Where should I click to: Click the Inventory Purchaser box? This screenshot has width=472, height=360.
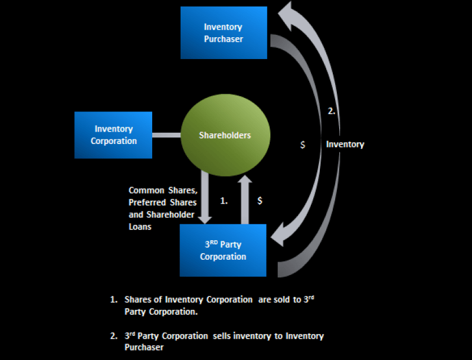(x=224, y=33)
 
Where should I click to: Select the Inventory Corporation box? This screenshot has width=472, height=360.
(x=113, y=135)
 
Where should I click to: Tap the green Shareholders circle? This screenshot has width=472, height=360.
(x=225, y=135)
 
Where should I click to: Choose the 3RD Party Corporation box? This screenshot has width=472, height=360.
(x=223, y=251)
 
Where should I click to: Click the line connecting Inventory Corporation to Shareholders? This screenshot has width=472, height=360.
(x=166, y=135)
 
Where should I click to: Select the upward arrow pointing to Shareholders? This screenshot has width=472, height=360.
(x=246, y=198)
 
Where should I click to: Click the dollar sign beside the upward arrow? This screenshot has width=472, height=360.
(x=260, y=201)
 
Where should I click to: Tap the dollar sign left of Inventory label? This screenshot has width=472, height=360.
(x=303, y=145)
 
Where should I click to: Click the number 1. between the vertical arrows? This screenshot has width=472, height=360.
(x=224, y=201)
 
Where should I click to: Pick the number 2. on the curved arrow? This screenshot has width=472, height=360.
(x=332, y=111)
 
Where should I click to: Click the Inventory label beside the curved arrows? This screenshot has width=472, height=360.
(x=345, y=144)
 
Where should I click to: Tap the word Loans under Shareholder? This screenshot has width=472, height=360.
(x=140, y=227)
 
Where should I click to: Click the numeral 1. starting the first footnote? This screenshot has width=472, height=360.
(x=113, y=300)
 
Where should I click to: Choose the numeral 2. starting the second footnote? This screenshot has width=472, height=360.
(x=113, y=336)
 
